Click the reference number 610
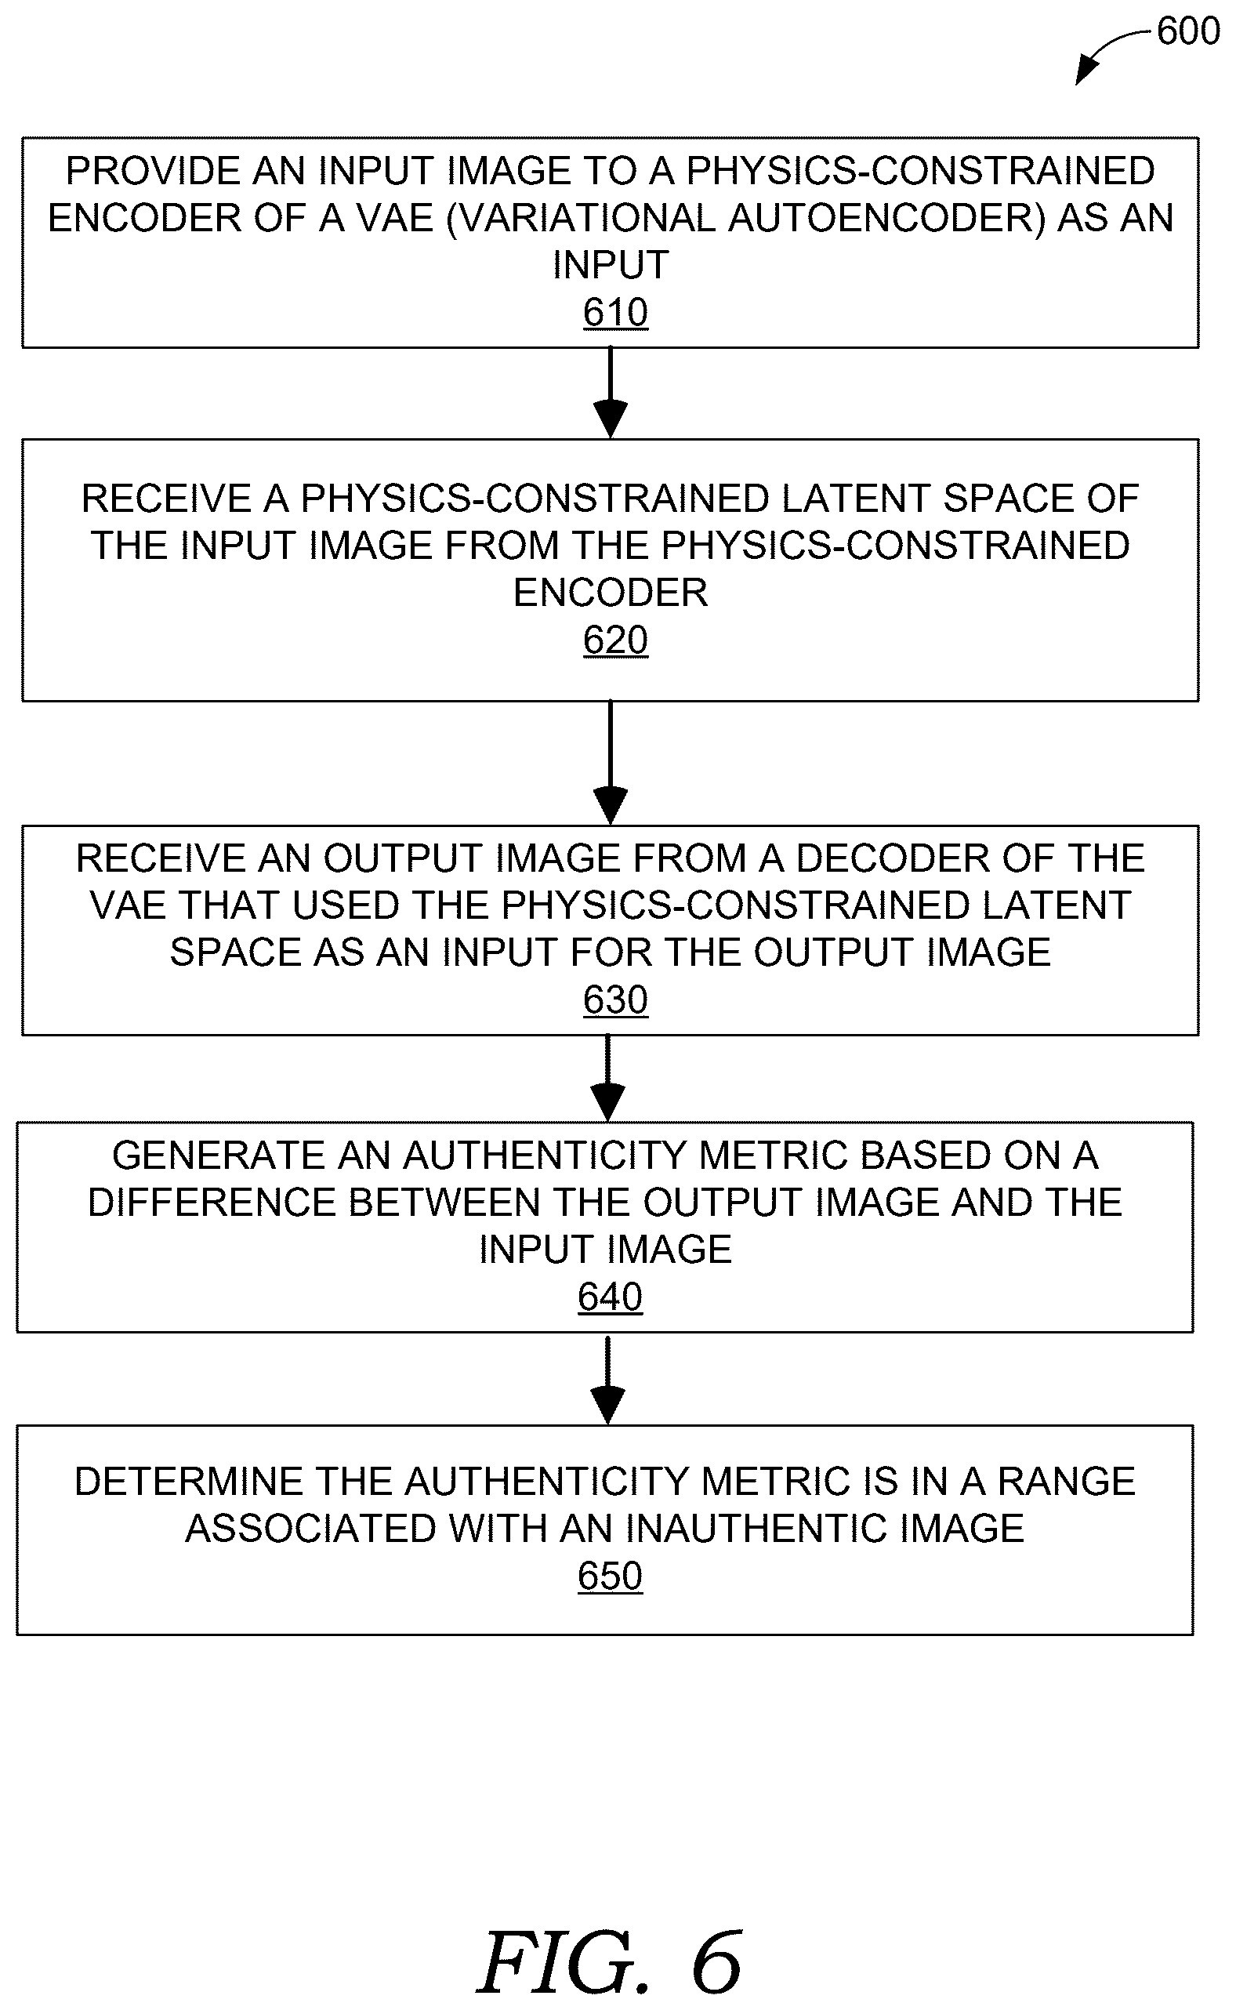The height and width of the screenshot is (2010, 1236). (615, 312)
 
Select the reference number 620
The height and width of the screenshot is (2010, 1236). (615, 640)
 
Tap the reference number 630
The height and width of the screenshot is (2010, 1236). (615, 1000)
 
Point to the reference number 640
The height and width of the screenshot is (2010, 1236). (610, 1297)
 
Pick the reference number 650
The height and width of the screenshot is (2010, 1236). (610, 1576)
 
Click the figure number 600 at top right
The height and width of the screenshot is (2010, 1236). (1187, 31)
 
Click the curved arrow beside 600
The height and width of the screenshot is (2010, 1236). (1107, 51)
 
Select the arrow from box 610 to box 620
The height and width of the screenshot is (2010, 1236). (611, 394)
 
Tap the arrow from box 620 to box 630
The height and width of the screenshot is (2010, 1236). (611, 763)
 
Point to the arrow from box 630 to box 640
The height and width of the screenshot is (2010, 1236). (608, 1078)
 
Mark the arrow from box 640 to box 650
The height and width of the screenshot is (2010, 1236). (608, 1379)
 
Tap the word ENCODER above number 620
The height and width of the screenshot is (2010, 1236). (611, 593)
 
